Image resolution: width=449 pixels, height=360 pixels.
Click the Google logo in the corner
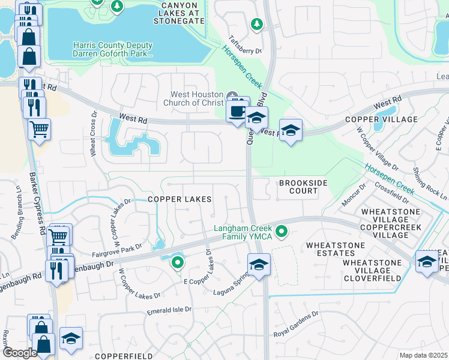click(19, 353)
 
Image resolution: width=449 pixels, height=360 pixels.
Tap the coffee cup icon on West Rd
click(237, 111)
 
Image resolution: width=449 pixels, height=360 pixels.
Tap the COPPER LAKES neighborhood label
click(180, 199)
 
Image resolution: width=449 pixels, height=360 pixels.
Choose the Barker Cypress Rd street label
click(37, 204)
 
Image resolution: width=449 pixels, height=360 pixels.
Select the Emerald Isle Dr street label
click(169, 311)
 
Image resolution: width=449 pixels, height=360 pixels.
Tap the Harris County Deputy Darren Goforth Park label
click(113, 49)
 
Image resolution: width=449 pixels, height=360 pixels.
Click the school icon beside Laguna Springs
click(259, 264)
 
